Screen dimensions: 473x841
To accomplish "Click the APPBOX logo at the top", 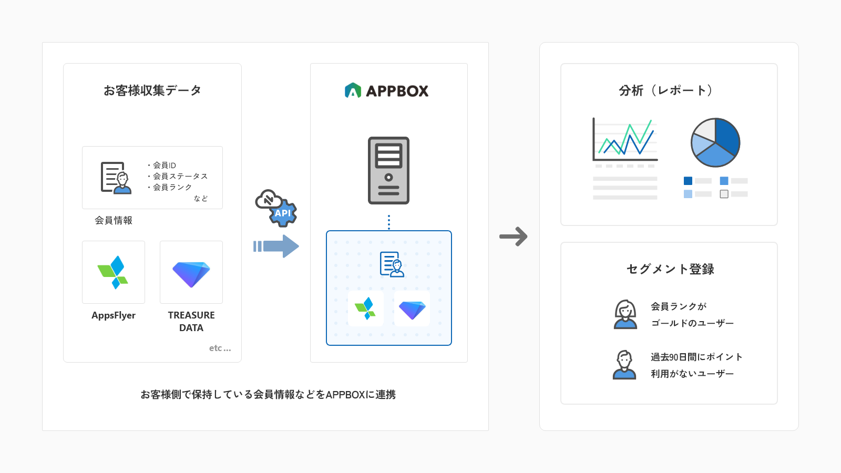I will pyautogui.click(x=387, y=91).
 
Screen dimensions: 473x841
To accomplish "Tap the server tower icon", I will pyautogui.click(x=388, y=170).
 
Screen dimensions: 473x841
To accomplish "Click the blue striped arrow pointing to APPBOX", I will pyautogui.click(x=276, y=246).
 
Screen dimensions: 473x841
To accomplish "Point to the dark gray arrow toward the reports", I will pyautogui.click(x=514, y=236).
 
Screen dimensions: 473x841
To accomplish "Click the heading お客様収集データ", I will pyautogui.click(x=152, y=90).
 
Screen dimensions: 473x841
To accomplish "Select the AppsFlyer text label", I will pyautogui.click(x=114, y=315).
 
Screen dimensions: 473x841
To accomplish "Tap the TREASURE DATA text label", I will pyautogui.click(x=191, y=321).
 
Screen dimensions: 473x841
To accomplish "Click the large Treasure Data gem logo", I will pyautogui.click(x=191, y=273).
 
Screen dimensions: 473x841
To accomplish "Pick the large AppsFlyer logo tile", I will pyautogui.click(x=114, y=272).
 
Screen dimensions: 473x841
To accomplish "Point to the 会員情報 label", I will pyautogui.click(x=114, y=220).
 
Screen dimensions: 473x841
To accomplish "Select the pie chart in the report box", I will pyautogui.click(x=715, y=142).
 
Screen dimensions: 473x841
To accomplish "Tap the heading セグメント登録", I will pyautogui.click(x=670, y=269).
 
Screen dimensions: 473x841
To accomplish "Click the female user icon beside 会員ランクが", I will pyautogui.click(x=625, y=314).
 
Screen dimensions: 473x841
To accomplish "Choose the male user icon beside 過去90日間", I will pyautogui.click(x=624, y=365).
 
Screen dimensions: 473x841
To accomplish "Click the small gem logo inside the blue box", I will pyautogui.click(x=412, y=309).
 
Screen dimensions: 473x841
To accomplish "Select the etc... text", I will pyautogui.click(x=220, y=348).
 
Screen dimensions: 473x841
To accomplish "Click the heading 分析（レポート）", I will pyautogui.click(x=666, y=90).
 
